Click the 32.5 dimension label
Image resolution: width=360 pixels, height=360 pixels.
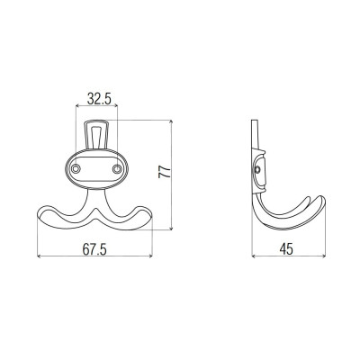(x=99, y=99)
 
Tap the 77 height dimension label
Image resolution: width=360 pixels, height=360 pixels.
(x=165, y=172)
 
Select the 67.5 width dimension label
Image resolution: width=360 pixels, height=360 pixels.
(x=94, y=249)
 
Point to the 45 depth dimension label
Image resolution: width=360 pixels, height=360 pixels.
(x=286, y=249)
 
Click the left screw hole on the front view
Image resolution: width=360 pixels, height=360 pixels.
(x=76, y=169)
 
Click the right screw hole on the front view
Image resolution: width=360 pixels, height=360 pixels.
(x=117, y=169)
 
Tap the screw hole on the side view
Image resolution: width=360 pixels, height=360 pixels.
(x=256, y=170)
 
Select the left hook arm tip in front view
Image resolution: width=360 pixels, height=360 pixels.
(x=39, y=213)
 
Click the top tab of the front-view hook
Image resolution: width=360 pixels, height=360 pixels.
(x=96, y=134)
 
